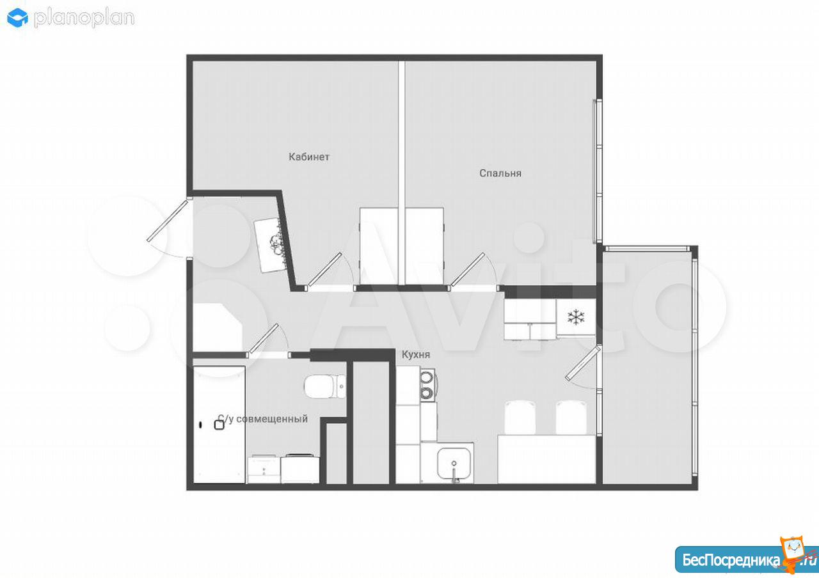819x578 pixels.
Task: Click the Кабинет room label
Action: pyautogui.click(x=309, y=157)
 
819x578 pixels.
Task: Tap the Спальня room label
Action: pyautogui.click(x=500, y=173)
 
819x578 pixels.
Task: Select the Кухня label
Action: pyautogui.click(x=416, y=354)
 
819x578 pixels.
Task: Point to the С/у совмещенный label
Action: pyautogui.click(x=262, y=419)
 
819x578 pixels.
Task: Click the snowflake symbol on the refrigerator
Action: pyautogui.click(x=576, y=317)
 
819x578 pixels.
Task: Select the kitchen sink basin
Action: pyautogui.click(x=454, y=463)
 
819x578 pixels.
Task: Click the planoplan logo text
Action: pyautogui.click(x=84, y=18)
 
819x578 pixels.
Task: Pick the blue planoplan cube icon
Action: pyautogui.click(x=17, y=18)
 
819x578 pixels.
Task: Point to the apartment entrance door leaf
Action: pyautogui.click(x=167, y=221)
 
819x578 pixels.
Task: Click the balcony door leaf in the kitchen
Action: pyautogui.click(x=583, y=364)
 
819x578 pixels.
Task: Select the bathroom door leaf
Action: pyautogui.click(x=262, y=339)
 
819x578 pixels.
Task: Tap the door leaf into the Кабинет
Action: pyautogui.click(x=324, y=269)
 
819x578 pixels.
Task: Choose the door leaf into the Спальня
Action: pyautogui.click(x=467, y=269)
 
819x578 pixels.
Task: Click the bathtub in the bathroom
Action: pyautogui.click(x=219, y=425)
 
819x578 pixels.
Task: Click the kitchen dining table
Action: pyautogui.click(x=546, y=459)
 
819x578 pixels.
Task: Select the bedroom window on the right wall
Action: pyautogui.click(x=598, y=171)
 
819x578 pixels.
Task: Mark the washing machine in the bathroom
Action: pyautogui.click(x=299, y=469)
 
